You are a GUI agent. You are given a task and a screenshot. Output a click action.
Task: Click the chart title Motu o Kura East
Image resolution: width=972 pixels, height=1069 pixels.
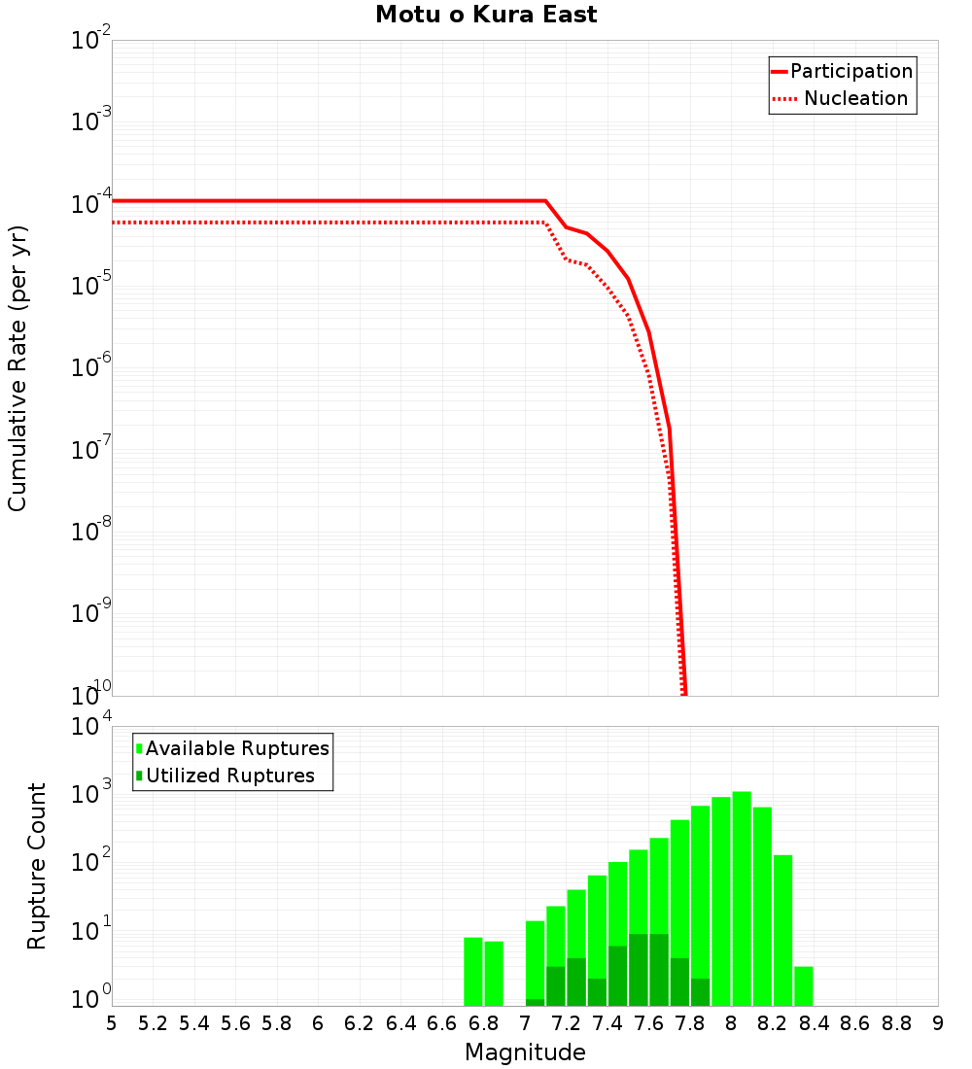coord(486,16)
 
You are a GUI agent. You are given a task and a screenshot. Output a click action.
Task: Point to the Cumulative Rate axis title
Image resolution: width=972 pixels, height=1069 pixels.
coord(17,367)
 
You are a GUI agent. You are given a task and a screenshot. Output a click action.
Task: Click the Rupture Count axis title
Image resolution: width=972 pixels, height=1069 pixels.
coord(37,865)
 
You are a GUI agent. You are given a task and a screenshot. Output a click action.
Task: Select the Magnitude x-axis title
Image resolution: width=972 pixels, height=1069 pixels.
coord(525,1052)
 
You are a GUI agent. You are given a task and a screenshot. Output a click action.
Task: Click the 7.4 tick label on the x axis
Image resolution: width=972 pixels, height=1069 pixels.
coord(607,1023)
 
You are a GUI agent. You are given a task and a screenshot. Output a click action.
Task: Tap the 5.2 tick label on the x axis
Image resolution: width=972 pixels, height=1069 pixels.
coord(154,1023)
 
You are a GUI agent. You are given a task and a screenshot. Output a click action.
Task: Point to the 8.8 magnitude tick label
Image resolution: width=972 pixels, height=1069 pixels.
coord(896,1023)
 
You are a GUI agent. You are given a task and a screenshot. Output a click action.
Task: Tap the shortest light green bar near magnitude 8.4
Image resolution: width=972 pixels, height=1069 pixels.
coord(804,985)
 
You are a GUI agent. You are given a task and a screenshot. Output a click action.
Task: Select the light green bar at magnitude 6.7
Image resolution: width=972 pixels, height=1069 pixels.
coord(473,972)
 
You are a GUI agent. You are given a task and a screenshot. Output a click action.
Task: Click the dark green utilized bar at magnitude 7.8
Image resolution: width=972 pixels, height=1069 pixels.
coord(700,992)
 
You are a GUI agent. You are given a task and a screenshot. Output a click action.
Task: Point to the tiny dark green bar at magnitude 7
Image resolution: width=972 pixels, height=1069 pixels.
coord(535,1002)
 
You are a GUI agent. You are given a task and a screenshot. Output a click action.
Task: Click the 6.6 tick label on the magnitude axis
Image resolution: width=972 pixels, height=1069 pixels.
coord(442,1023)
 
